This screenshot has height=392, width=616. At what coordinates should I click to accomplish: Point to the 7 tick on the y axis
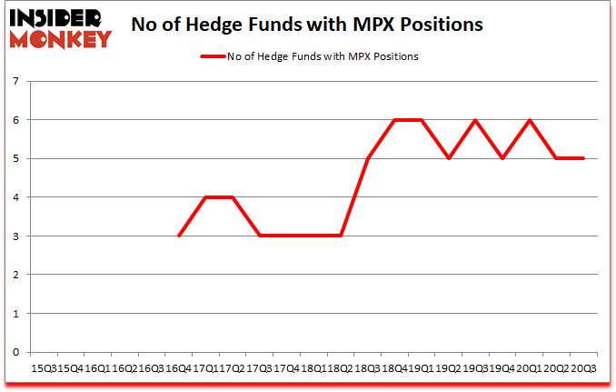[x=17, y=82]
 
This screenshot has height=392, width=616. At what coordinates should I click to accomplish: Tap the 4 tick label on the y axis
[x=17, y=197]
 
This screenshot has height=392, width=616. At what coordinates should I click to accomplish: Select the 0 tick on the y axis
[x=17, y=352]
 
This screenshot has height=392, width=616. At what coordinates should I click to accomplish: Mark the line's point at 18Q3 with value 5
[x=367, y=158]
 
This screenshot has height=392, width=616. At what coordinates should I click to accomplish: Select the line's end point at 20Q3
[x=583, y=158]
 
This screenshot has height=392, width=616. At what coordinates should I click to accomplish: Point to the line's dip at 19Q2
[x=448, y=158]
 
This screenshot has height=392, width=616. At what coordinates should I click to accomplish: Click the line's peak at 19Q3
[x=475, y=120]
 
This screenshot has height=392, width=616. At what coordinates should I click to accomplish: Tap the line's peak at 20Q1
[x=529, y=120]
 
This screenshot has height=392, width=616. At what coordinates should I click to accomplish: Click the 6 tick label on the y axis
[x=17, y=120]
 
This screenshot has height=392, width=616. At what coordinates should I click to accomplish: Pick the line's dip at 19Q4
[x=502, y=158]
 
